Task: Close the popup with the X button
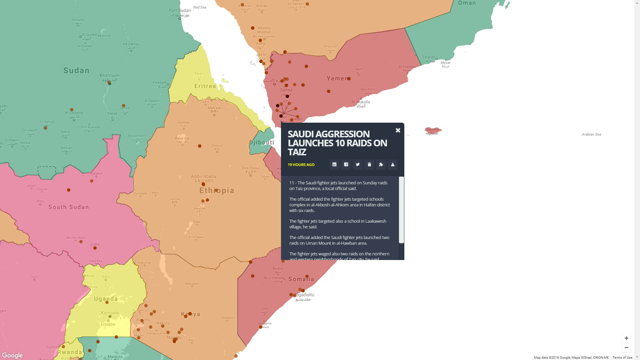coord(398,130)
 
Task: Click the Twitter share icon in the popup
coord(358,164)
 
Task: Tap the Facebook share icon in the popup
coord(346,164)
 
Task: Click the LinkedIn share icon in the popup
coord(334,164)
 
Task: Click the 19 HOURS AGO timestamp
coord(301,165)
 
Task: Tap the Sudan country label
coord(76,70)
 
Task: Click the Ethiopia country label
coord(217,190)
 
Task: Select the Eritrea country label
coord(205,86)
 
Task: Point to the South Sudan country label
coord(69,207)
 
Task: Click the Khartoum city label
coord(109,75)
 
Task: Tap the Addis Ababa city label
coord(203,176)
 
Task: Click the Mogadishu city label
coord(303,295)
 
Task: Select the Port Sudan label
coord(179,10)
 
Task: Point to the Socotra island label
coord(432,129)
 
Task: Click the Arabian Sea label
coord(591,134)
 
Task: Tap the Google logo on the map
coord(12,355)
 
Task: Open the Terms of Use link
coord(622,357)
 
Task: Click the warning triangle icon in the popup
coord(393,164)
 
